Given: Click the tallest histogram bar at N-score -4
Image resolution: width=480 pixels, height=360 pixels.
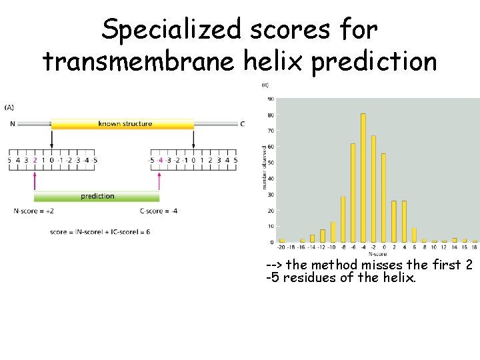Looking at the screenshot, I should point(363,177).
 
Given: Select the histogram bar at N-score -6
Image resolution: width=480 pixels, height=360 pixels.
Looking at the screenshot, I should point(353,193).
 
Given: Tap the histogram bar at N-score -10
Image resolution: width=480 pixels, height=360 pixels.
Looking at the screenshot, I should point(333,231).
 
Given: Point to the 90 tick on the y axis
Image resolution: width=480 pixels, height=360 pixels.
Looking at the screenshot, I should point(271,99).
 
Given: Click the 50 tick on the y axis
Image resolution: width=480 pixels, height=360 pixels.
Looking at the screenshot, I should point(271,163).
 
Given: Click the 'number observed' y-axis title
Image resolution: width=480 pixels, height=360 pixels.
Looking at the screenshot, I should point(264,167).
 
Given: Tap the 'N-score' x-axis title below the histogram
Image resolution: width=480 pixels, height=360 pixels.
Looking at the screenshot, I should point(379,253).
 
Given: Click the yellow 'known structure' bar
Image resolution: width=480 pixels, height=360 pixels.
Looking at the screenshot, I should point(123,124).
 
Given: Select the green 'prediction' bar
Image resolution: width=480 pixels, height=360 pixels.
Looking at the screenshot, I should point(97,196).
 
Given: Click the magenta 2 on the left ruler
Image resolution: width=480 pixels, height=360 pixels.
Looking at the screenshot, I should point(35,160).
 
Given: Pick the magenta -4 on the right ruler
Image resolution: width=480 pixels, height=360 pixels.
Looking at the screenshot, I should point(160,160).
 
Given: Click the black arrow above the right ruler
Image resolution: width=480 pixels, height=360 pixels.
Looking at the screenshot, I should point(193,139).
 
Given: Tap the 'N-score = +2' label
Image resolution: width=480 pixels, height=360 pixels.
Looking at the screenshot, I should point(33,211).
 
